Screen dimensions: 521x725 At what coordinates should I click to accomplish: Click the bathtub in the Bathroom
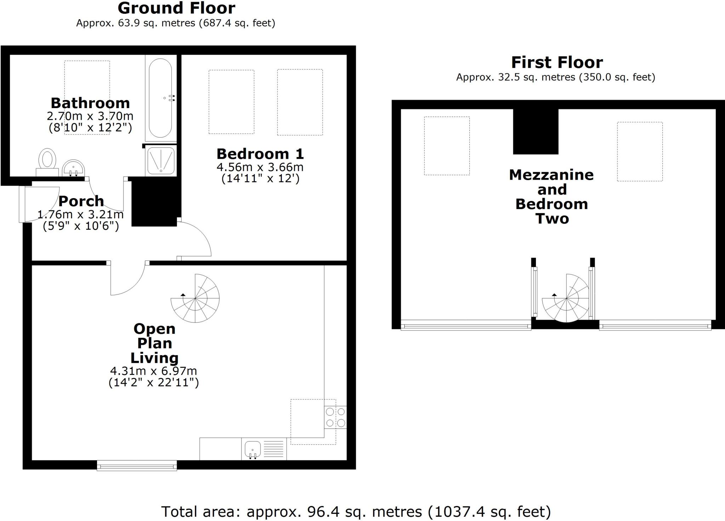pos(160,98)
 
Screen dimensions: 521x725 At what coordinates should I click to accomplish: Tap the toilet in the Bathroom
pos(47,161)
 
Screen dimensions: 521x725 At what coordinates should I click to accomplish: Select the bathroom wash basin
pos(73,168)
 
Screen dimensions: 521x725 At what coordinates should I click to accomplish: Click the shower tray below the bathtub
pos(161,161)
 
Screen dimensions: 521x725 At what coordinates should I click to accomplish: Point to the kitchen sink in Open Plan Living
pos(253,449)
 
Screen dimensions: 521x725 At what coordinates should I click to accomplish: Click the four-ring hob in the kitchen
pos(335,417)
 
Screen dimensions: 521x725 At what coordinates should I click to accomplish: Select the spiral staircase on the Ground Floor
pos(195,298)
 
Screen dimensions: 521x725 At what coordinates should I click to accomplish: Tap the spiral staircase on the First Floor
pos(566,298)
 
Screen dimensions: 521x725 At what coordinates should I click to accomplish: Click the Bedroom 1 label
pos(260,154)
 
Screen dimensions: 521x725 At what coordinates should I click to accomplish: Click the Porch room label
pos(81,201)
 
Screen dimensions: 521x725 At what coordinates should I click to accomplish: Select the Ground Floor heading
pos(176,8)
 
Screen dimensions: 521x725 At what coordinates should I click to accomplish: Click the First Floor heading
pos(557,62)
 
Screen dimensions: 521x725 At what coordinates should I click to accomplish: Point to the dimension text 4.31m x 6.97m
pos(153,371)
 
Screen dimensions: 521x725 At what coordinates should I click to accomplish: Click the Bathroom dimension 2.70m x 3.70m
pos(90,116)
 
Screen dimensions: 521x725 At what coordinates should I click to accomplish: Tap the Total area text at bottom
pos(355,511)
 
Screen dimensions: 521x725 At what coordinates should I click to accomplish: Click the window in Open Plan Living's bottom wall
pos(137,465)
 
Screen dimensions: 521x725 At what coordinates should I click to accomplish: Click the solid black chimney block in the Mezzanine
pos(536,131)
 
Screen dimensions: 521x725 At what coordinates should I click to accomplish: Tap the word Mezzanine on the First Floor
pos(551,175)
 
